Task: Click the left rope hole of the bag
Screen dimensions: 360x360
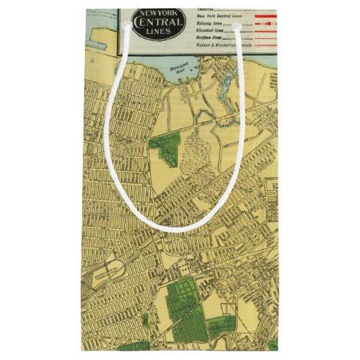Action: tap(126, 25)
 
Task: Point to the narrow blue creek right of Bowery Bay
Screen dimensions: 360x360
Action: tap(226, 88)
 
